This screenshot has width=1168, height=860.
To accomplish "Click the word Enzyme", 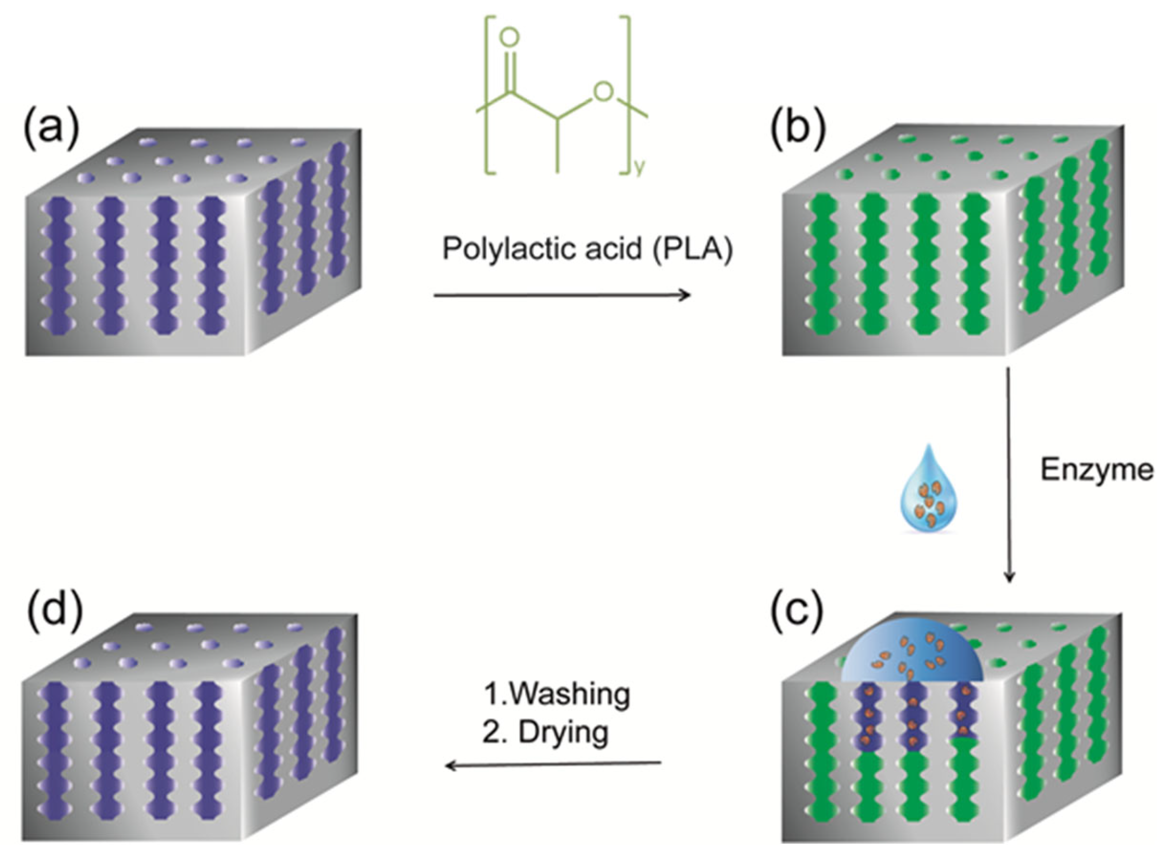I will [1097, 470].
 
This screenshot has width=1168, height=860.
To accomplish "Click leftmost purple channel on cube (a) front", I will [58, 266].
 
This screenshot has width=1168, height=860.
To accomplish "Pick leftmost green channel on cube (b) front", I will [824, 266].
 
